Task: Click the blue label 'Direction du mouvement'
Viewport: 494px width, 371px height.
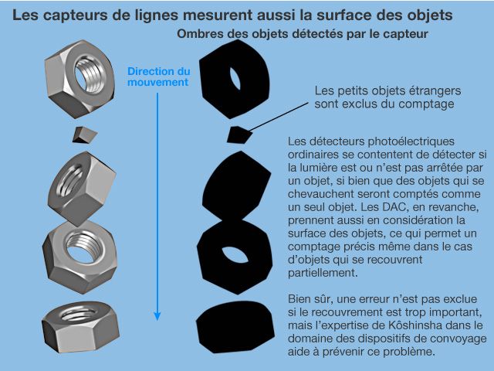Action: [x=158, y=77]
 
